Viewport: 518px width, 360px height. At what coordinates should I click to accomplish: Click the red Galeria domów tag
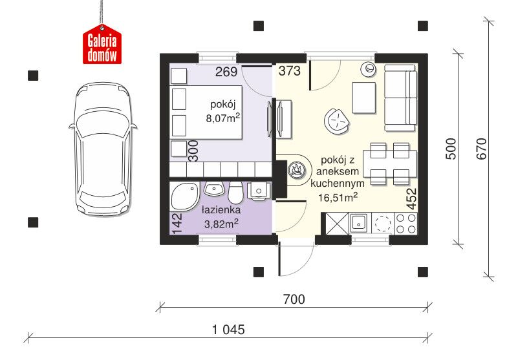[102, 45]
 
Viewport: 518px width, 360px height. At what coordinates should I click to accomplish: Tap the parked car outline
[103, 149]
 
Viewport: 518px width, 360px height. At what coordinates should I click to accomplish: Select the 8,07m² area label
[222, 118]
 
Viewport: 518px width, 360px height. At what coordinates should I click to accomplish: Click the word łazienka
[221, 209]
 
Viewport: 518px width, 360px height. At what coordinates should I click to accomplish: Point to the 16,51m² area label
[338, 197]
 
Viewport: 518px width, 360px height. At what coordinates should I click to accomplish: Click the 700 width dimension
[294, 299]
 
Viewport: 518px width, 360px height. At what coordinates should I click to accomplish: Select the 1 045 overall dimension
[228, 329]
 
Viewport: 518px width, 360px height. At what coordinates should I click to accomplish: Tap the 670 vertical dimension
[481, 149]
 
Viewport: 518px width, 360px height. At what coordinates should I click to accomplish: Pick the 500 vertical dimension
[451, 149]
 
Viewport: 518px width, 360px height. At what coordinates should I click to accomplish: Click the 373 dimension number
[289, 70]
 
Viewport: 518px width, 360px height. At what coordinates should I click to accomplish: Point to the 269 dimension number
[226, 72]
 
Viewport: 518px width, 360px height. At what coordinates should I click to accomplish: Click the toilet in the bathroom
[235, 192]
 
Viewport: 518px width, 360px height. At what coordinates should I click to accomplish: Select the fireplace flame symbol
[296, 170]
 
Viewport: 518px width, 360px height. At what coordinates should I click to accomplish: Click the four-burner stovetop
[405, 223]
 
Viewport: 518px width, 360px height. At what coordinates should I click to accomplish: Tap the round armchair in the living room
[337, 122]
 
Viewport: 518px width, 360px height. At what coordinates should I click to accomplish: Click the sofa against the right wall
[400, 98]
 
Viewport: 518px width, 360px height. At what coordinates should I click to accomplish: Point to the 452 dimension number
[412, 199]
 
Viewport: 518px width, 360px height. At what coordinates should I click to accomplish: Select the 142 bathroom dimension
[177, 223]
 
